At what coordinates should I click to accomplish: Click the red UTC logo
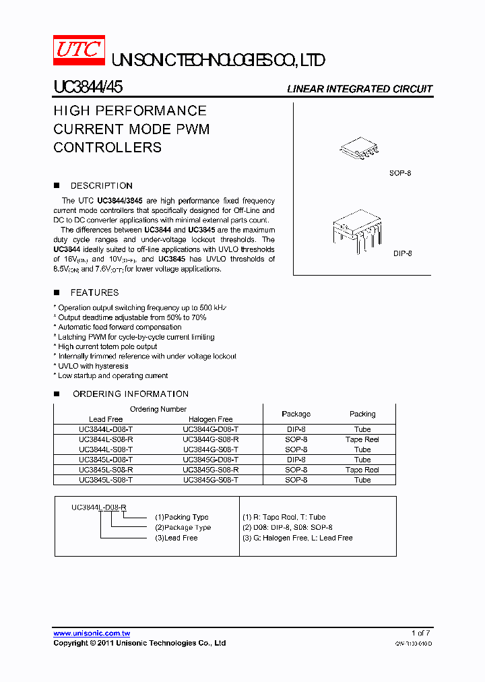point(79,51)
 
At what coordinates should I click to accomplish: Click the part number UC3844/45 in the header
point(88,88)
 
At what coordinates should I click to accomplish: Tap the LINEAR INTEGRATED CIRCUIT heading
point(360,89)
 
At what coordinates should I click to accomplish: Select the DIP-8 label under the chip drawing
point(403,253)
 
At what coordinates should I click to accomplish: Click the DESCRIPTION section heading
point(101,185)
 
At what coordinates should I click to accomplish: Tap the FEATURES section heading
point(94,292)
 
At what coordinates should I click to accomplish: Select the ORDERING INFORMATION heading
point(130,394)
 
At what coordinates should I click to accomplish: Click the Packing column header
point(362,414)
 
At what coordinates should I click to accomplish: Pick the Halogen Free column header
point(210,419)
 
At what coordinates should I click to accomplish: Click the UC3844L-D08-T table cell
point(106,429)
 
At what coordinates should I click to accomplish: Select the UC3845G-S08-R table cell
point(210,470)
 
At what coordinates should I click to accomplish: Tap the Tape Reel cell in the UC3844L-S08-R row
point(362,439)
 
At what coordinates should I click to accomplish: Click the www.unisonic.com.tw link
point(92,633)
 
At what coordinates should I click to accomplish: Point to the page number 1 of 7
point(420,633)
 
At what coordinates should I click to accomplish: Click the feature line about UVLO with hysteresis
point(92,366)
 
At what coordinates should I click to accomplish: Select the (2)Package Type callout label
point(183,528)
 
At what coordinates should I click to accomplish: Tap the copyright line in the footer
point(139,643)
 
